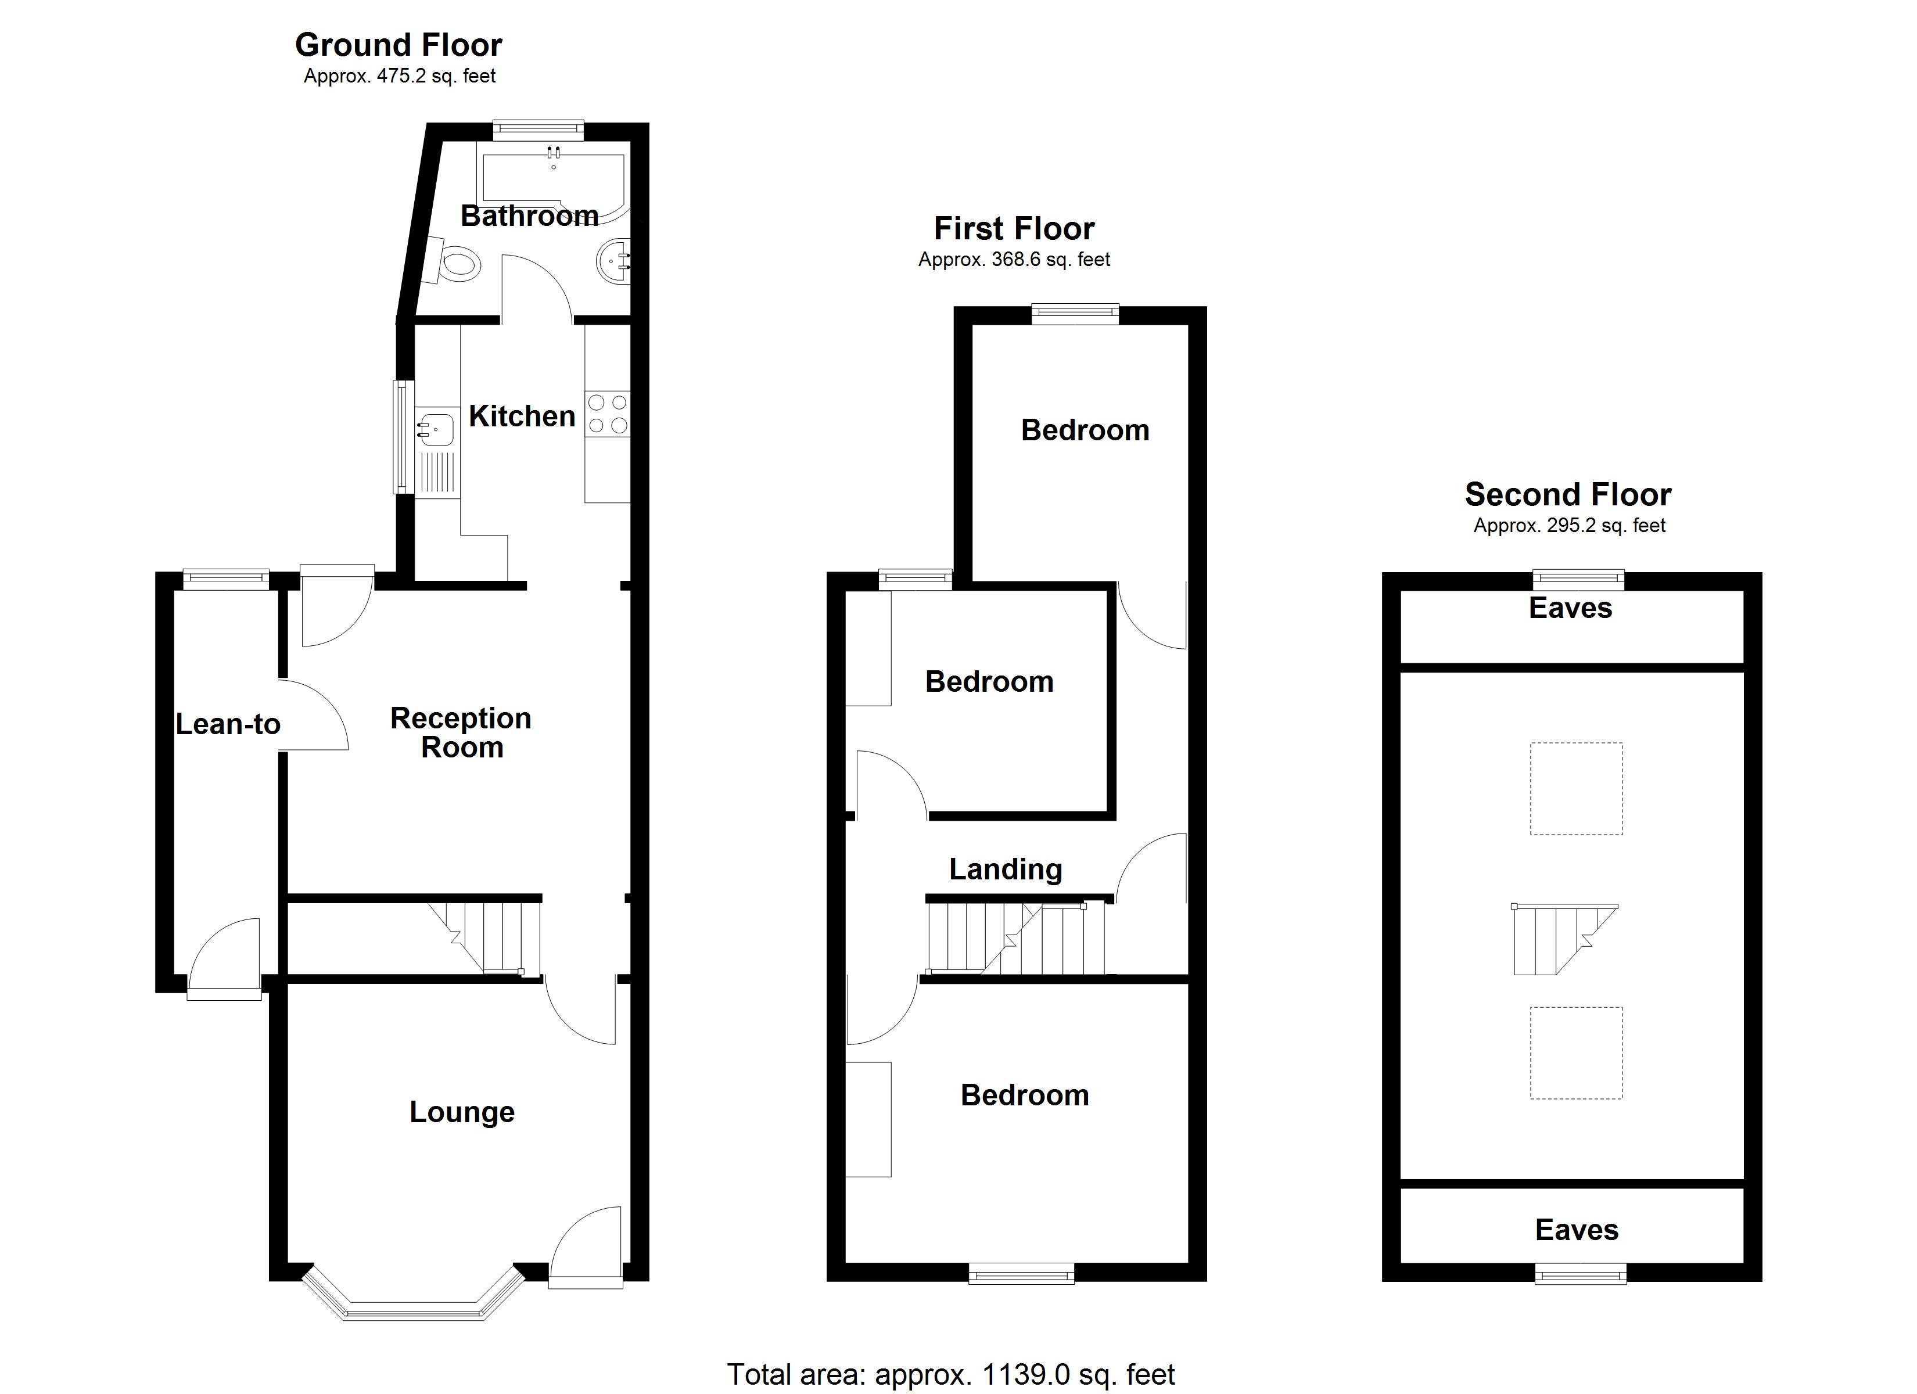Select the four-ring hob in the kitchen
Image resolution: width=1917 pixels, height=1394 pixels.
(x=608, y=414)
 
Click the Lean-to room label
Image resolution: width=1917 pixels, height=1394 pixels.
(x=227, y=724)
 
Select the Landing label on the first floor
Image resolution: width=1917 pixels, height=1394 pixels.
(x=1005, y=869)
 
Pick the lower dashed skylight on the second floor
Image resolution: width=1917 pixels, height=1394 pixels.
(x=1575, y=1053)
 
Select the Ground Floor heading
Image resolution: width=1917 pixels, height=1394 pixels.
(x=398, y=45)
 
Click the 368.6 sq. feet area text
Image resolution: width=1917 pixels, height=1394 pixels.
(x=1014, y=260)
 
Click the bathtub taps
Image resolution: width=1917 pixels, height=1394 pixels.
(x=554, y=153)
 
